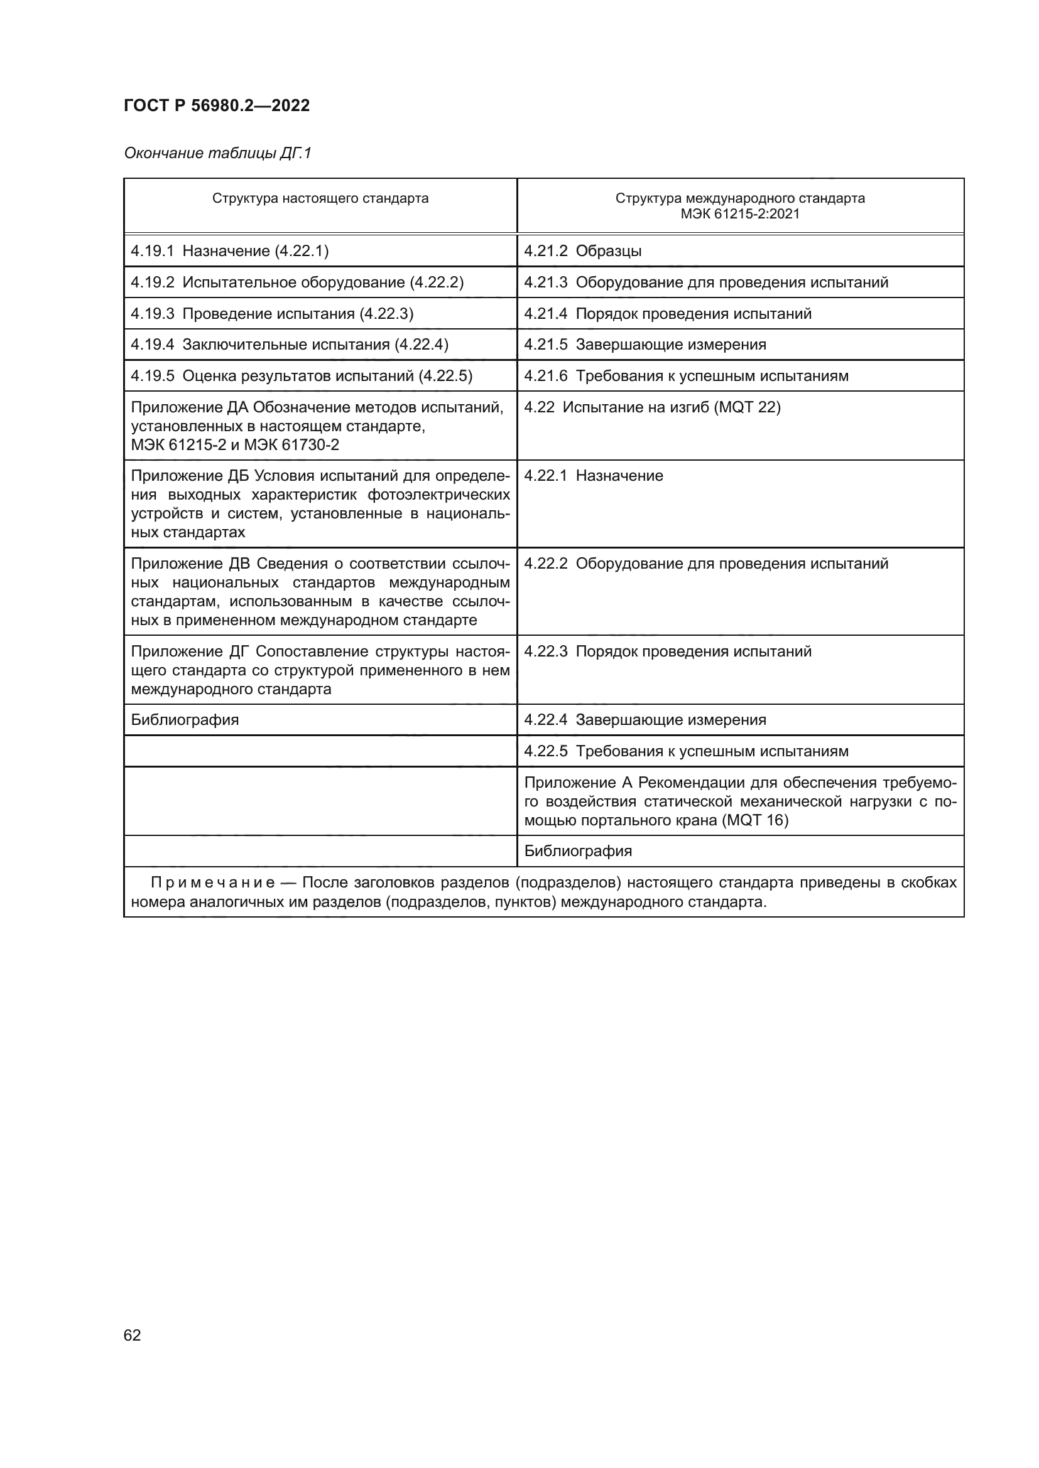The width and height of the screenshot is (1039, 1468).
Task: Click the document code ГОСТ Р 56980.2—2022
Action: pyautogui.click(x=216, y=105)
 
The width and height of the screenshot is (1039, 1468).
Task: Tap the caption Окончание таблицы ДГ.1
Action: pyautogui.click(x=217, y=153)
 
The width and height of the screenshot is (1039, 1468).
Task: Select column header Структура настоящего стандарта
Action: pyautogui.click(x=320, y=198)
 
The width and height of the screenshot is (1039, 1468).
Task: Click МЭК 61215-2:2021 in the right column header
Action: pyautogui.click(x=739, y=214)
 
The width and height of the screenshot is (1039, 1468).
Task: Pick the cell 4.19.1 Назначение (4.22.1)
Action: pyautogui.click(x=230, y=250)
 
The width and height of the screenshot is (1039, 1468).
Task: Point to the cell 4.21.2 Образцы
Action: pyautogui.click(x=582, y=250)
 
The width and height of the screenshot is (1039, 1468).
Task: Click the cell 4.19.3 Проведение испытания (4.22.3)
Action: pyautogui.click(x=272, y=313)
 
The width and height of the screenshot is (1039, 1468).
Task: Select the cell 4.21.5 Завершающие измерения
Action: pyautogui.click(x=645, y=345)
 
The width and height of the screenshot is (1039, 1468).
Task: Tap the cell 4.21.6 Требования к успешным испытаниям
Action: pyautogui.click(x=686, y=376)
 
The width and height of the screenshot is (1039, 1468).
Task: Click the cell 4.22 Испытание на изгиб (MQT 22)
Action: pyautogui.click(x=652, y=407)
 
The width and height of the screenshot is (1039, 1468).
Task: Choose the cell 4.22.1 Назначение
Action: pyautogui.click(x=593, y=476)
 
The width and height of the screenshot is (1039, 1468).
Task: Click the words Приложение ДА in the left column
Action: pyautogui.click(x=190, y=407)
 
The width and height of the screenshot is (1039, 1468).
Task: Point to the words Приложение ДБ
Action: pyautogui.click(x=190, y=476)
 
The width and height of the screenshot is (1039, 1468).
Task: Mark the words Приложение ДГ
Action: pyautogui.click(x=190, y=651)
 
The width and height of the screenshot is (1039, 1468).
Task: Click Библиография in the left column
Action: pyautogui.click(x=184, y=720)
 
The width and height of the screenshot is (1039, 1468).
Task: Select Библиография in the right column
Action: pyautogui.click(x=578, y=851)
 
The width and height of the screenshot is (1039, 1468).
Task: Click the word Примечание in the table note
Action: pyautogui.click(x=212, y=883)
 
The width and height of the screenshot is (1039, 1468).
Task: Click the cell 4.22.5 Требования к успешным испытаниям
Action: pyautogui.click(x=686, y=751)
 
